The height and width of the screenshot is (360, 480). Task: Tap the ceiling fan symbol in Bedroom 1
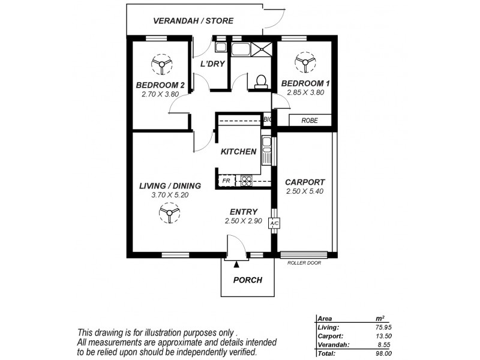[x=305, y=61]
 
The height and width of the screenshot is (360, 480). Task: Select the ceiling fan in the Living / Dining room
[x=169, y=212]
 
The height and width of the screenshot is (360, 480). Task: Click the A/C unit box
[x=274, y=223]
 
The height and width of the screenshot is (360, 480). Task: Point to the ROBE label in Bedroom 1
[x=310, y=121]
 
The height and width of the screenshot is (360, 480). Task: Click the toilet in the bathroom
[x=261, y=82]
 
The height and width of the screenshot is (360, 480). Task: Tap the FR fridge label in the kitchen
[x=226, y=180]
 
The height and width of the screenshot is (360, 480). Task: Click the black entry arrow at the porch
[x=237, y=263]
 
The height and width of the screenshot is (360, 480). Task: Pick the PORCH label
[x=248, y=280]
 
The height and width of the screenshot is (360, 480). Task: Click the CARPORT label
[x=305, y=182]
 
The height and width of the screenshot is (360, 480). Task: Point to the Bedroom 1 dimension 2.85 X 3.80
[x=305, y=93]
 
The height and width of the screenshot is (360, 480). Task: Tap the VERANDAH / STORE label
[x=193, y=21]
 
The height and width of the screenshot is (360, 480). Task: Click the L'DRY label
[x=212, y=64]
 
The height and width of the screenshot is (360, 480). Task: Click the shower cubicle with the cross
[x=262, y=49]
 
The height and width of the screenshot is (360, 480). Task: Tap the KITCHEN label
[x=239, y=152]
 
